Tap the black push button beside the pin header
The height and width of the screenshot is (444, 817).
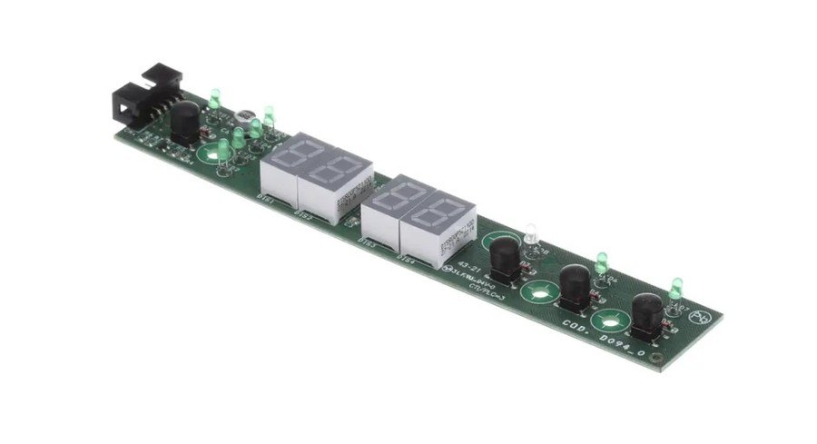click(x=186, y=122)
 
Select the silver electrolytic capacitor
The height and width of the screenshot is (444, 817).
click(x=245, y=118)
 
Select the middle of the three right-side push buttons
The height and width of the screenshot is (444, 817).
click(x=575, y=288)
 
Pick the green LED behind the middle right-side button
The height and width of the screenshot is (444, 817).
click(x=601, y=263)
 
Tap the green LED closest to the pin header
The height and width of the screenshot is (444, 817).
click(x=215, y=97)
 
